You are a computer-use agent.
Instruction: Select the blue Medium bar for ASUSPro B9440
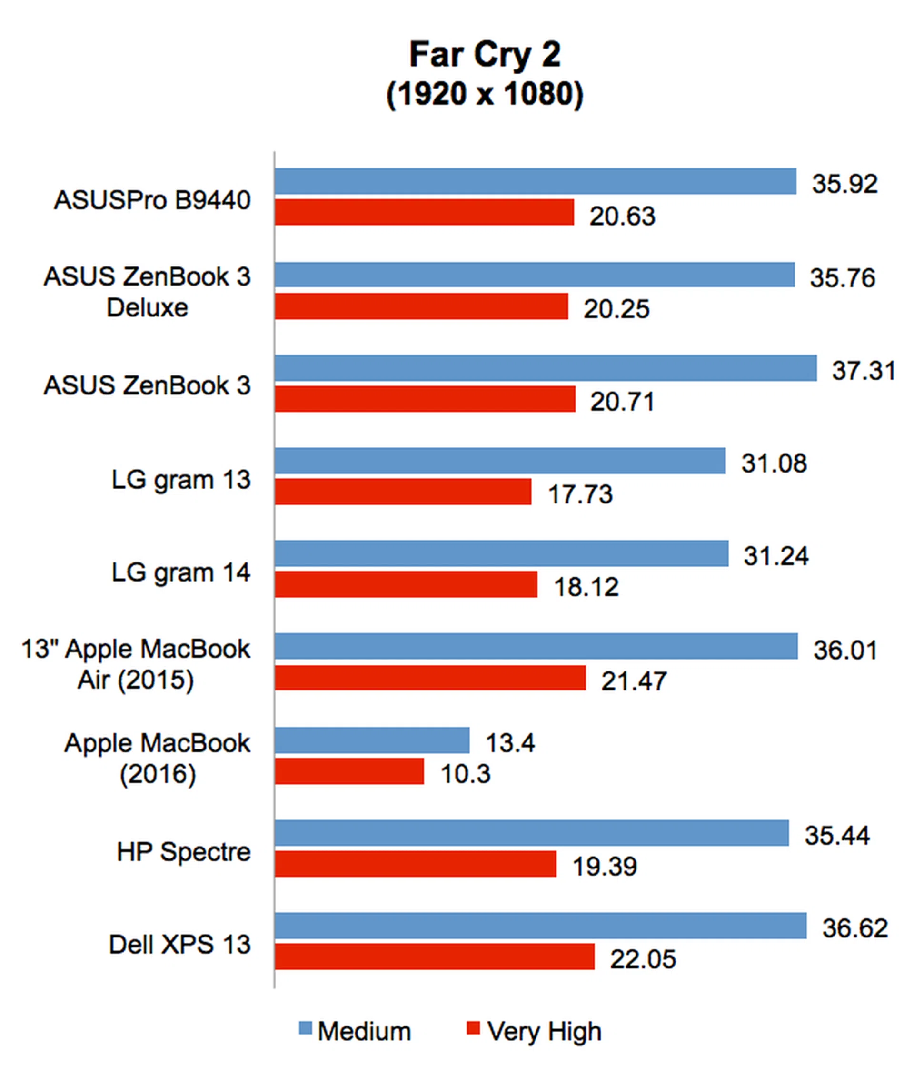535,181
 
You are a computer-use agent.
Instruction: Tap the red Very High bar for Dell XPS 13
434,957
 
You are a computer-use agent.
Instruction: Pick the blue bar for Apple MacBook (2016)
372,740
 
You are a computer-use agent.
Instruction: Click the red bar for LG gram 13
403,492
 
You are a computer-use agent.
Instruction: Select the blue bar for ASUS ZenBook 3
545,368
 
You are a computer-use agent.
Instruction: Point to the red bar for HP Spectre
416,864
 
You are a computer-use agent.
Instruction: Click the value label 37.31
863,371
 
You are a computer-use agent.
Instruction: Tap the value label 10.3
465,774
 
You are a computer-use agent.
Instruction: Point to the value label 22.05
643,959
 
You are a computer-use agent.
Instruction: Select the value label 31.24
776,556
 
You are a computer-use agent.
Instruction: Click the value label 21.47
633,681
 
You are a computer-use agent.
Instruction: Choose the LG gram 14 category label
181,572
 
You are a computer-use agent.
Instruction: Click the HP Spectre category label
184,852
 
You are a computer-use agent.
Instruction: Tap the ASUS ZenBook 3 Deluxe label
147,292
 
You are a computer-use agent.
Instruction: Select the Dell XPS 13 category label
179,944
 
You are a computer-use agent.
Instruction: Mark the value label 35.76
842,278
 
